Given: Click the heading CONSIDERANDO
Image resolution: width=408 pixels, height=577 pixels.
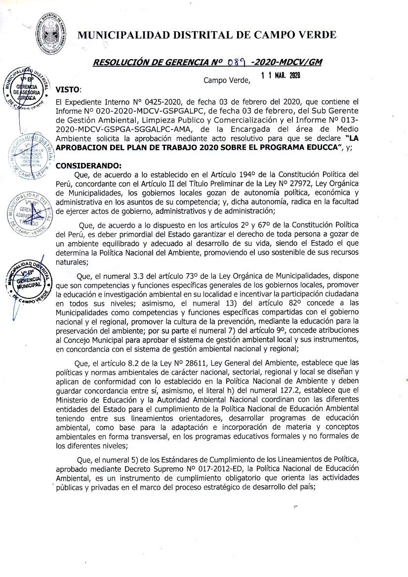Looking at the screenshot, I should tap(85, 165).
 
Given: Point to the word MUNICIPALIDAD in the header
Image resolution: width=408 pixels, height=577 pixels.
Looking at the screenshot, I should tap(121, 35).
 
